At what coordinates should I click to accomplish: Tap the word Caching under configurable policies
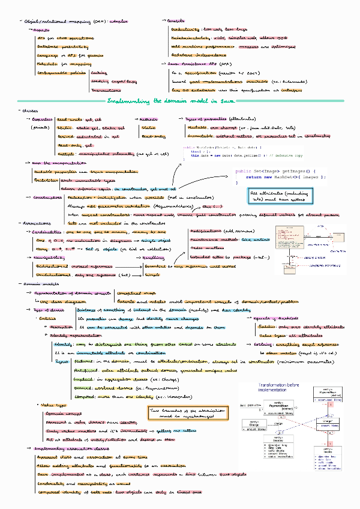click(100, 72)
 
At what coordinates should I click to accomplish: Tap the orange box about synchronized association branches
click(181, 414)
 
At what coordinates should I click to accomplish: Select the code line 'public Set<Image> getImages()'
click(273, 171)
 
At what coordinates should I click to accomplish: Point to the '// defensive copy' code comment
click(257, 155)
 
